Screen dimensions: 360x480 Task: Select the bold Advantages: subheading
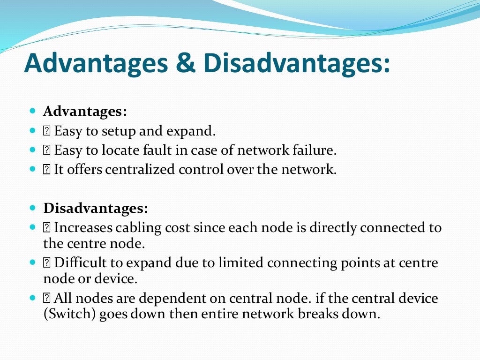(85, 112)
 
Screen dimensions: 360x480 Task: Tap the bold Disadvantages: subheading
(96, 208)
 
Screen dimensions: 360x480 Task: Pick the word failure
(316, 151)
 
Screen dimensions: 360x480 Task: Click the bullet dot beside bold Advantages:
(32, 112)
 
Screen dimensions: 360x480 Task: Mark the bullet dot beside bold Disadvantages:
(32, 209)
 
